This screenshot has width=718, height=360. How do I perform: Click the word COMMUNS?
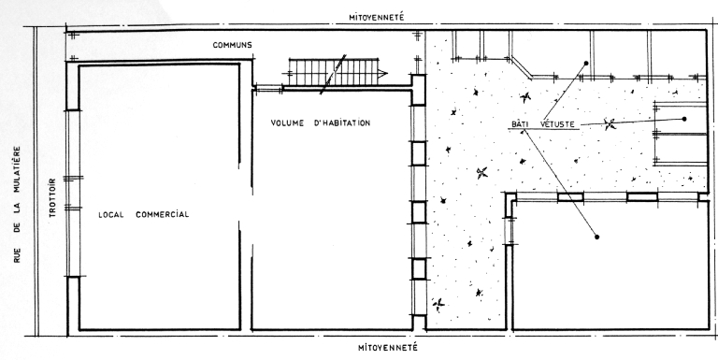pos(232,45)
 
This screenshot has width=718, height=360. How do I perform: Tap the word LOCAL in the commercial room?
pos(111,214)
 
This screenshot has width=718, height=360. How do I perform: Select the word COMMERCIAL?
pos(163,214)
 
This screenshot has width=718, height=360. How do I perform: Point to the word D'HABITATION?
pos(342,122)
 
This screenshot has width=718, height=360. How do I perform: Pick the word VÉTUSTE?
pos(557,124)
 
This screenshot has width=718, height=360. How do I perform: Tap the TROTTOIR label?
pos(52,197)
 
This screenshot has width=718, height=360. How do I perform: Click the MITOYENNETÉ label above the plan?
pos(377,18)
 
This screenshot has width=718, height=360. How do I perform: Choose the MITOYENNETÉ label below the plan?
pos(387,347)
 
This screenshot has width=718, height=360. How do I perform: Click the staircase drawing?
pos(337,72)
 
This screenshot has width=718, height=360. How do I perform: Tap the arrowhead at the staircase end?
pos(382,73)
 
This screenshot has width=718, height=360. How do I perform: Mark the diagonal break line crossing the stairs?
pos(333,75)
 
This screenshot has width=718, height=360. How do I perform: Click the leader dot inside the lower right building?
pos(596,237)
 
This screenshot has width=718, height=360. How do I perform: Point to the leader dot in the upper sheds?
pos(585,64)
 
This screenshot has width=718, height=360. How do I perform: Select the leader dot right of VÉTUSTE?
pos(684,119)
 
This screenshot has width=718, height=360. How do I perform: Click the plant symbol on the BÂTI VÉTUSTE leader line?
pos(610,123)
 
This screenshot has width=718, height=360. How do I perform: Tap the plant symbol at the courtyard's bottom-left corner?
pos(438,303)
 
